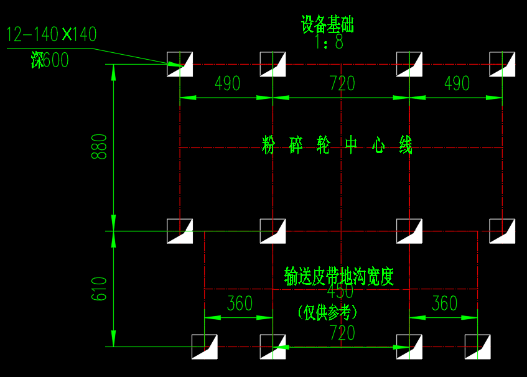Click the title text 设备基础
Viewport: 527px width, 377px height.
click(x=327, y=26)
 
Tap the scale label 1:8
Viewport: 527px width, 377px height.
click(x=329, y=42)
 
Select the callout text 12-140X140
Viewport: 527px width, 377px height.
click(x=52, y=34)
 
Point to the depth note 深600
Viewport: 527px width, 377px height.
click(x=50, y=60)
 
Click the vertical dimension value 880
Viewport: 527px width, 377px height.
click(x=100, y=147)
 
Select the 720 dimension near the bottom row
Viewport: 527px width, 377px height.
click(x=342, y=333)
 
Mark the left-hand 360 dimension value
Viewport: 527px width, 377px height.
click(x=240, y=304)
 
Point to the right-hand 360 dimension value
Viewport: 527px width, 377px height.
click(x=444, y=304)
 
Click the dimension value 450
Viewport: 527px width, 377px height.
click(x=340, y=291)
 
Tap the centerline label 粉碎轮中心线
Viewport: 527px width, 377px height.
click(x=337, y=146)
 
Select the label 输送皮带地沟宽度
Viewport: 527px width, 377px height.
click(x=339, y=276)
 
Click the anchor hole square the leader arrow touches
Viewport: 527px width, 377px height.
click(x=180, y=65)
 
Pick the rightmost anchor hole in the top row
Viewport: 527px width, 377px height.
click(x=502, y=65)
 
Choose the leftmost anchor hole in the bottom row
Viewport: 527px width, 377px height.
click(x=204, y=347)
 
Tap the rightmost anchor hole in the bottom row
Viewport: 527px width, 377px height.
click(x=477, y=347)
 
